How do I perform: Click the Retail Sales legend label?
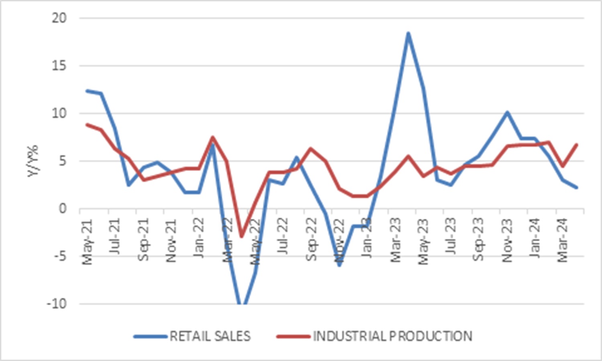[x=210, y=336]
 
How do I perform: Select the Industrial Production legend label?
[x=392, y=336]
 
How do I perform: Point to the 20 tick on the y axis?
[x=59, y=18]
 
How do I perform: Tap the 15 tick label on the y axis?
[x=59, y=66]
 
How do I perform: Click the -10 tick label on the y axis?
[x=57, y=304]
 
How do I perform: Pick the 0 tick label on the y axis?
[x=62, y=209]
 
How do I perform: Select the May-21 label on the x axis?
[x=87, y=242]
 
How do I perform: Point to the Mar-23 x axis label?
[x=396, y=240]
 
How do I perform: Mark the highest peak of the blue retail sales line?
[x=408, y=33]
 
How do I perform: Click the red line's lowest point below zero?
[x=241, y=237]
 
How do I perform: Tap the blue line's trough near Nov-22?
[x=339, y=265]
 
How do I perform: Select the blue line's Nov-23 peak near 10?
[x=507, y=112]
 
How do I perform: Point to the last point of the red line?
[x=577, y=145]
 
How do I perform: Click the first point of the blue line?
[x=87, y=91]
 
